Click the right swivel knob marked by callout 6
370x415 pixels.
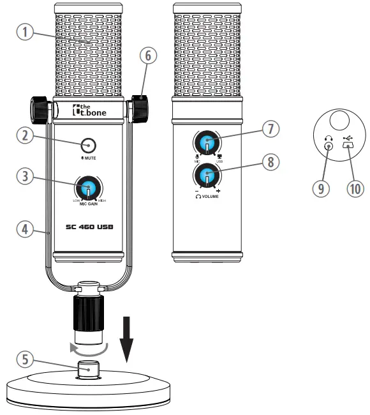[138, 105]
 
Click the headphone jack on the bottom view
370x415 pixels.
[328, 146]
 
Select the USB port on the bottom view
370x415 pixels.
[348, 146]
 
